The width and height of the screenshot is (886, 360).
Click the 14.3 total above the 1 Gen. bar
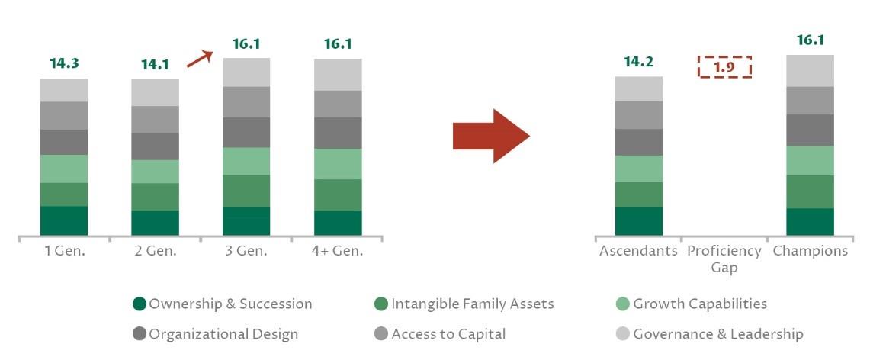[x=64, y=63]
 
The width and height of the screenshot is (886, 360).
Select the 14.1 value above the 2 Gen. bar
[x=155, y=65]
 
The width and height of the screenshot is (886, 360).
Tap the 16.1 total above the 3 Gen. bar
[x=246, y=43]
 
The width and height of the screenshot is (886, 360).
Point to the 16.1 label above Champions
[x=811, y=40]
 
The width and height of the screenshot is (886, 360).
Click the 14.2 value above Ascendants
[x=638, y=62]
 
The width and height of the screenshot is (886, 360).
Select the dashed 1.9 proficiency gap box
[x=724, y=66]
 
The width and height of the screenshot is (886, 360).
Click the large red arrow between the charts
[x=491, y=137]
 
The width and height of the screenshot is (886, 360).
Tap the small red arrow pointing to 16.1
[x=200, y=59]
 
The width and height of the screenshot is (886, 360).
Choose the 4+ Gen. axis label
[x=337, y=251]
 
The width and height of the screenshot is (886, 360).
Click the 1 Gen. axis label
[x=64, y=251]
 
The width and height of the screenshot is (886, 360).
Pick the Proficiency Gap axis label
[x=724, y=259]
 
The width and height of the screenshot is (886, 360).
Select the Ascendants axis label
[x=638, y=250]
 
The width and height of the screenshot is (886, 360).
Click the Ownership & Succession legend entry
[x=222, y=304]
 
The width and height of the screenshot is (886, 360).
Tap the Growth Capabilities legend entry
[x=692, y=304]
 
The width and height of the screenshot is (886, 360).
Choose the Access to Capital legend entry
[x=440, y=334]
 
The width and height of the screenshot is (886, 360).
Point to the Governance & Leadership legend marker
[x=623, y=334]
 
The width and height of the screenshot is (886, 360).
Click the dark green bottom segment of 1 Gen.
[x=64, y=221]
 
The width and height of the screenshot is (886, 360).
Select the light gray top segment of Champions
[x=811, y=71]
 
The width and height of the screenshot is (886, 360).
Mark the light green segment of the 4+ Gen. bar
[x=338, y=164]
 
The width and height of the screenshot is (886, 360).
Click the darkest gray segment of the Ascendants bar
[x=639, y=143]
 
